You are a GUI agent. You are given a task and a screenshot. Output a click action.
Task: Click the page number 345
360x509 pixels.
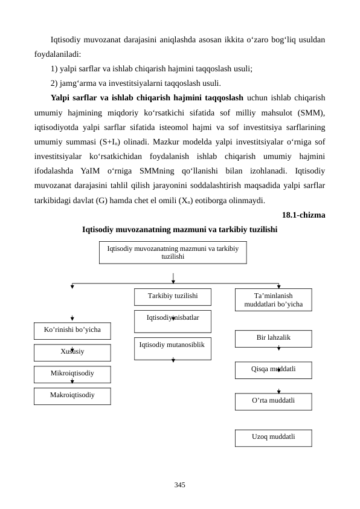179,485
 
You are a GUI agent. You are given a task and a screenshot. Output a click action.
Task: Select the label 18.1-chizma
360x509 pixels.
303,215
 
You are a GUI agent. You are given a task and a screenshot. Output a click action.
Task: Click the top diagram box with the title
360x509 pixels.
173,253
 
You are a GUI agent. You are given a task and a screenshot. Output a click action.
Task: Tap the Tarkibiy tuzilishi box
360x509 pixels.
173,296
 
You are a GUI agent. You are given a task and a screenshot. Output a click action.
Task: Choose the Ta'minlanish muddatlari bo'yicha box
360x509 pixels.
273,300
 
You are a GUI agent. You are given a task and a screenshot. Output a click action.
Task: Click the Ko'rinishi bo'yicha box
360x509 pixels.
72,331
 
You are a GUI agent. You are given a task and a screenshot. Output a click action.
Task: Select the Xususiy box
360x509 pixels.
72,352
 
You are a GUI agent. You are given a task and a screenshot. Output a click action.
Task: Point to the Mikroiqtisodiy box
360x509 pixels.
72,374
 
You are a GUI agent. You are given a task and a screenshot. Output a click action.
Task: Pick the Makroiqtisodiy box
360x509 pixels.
72,395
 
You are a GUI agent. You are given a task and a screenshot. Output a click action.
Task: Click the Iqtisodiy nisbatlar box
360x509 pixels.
173,320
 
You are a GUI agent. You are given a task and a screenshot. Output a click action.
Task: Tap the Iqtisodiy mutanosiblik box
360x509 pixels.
173,348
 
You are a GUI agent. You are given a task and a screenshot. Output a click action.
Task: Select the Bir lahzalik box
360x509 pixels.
273,338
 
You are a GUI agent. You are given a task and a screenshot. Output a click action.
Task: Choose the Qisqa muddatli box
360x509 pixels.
273,369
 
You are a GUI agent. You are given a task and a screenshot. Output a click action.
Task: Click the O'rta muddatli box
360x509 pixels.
273,401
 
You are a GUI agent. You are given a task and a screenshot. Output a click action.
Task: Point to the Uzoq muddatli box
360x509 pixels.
273,437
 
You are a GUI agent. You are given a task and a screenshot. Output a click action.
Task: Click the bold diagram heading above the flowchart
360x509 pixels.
179,230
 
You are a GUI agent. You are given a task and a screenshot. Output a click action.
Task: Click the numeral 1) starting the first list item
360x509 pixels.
55,69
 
